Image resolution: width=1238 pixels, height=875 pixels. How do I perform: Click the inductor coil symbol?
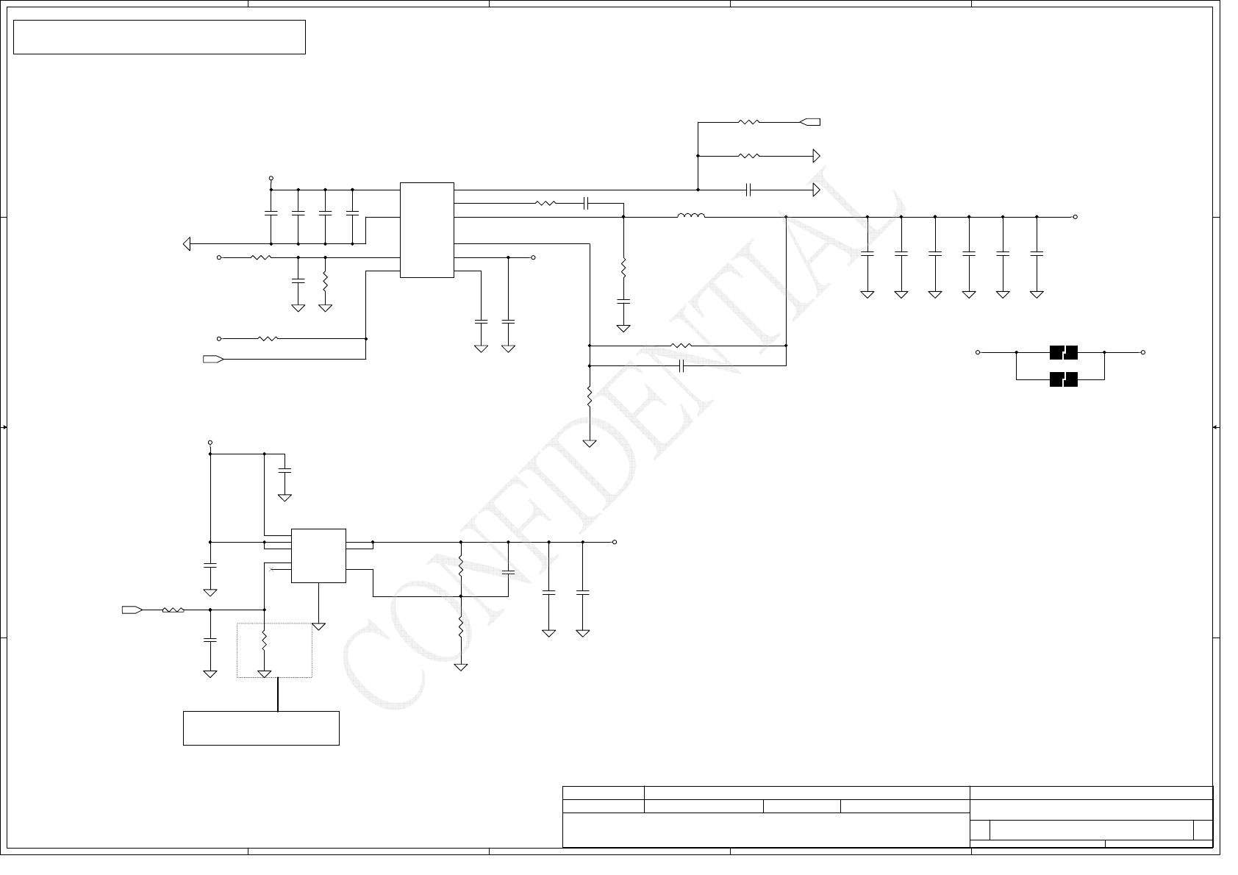point(690,216)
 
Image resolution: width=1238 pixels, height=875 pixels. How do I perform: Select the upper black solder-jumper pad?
point(1063,352)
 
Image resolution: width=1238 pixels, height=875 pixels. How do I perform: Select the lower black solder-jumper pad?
point(1063,379)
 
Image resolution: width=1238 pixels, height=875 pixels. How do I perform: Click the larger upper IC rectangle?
point(426,230)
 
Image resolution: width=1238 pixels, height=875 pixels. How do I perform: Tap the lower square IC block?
point(318,555)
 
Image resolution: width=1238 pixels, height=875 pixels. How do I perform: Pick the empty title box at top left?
point(160,37)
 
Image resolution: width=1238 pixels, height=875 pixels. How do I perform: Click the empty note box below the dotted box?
point(261,728)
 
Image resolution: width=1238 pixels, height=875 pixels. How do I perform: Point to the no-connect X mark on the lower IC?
point(271,569)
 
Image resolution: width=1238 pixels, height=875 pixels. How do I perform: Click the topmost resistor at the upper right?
point(748,122)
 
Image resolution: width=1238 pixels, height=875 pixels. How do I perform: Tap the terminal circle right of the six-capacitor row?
point(1076,217)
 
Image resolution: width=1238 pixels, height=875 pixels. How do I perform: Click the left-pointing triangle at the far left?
point(187,243)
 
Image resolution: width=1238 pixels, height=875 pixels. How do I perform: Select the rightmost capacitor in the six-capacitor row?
point(1037,253)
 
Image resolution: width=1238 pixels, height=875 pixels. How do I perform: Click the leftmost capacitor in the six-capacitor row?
point(867,253)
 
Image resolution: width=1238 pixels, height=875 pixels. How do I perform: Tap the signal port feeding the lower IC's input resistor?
point(132,610)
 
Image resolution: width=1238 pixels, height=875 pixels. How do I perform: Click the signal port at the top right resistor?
point(810,122)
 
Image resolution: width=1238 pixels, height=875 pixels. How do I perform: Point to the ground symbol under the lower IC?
point(318,626)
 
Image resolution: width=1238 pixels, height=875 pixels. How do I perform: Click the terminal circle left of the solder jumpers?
point(978,352)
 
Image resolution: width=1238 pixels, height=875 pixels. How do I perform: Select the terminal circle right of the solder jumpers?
point(1143,352)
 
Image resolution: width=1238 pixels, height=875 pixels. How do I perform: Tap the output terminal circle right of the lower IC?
point(615,542)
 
